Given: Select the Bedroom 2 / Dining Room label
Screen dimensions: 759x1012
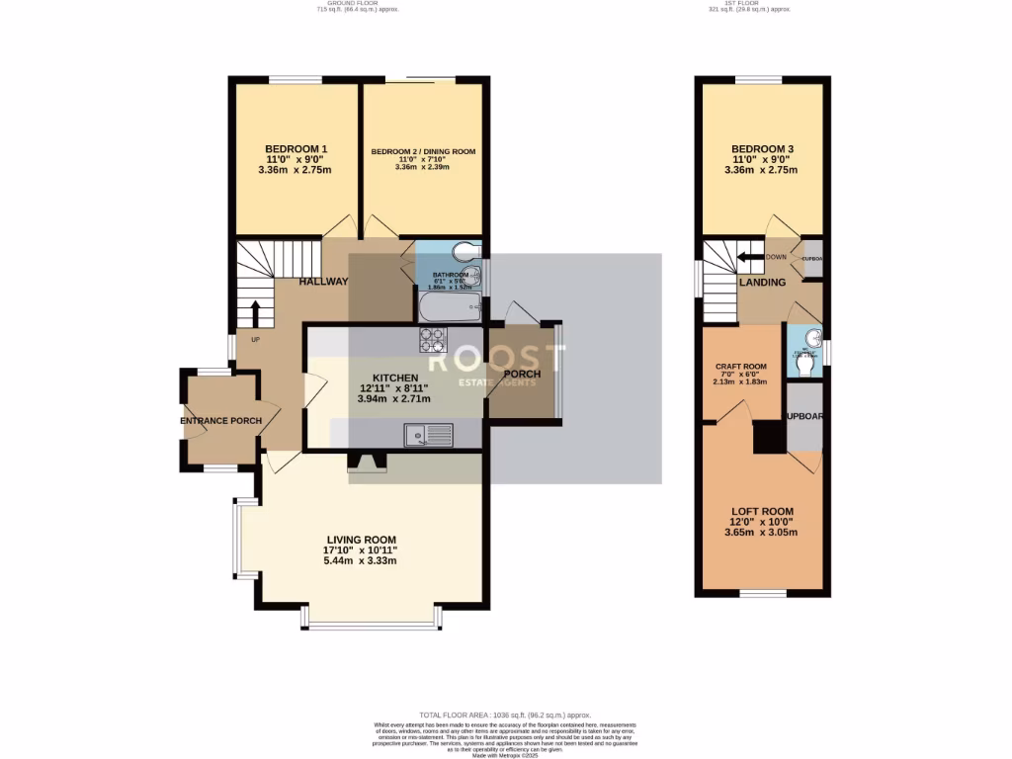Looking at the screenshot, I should [x=423, y=151].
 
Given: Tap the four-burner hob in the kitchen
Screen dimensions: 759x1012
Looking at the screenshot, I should [x=434, y=340].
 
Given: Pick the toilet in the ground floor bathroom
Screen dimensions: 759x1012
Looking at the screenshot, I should [x=464, y=250].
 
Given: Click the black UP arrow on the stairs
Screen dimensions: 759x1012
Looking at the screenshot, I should [x=256, y=313].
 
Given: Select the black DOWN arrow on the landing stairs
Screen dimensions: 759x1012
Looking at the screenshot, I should [x=751, y=258].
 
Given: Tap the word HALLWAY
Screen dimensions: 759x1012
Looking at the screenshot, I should [x=324, y=282].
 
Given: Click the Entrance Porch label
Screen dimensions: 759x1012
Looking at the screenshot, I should [x=221, y=421].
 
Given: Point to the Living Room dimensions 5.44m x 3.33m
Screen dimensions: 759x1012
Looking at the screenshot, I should [x=360, y=561].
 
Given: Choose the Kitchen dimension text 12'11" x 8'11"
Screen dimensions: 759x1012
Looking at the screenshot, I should [x=394, y=388].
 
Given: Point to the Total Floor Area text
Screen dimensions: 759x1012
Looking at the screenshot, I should [x=505, y=715].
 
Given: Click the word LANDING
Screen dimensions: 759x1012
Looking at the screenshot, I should [x=762, y=283].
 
